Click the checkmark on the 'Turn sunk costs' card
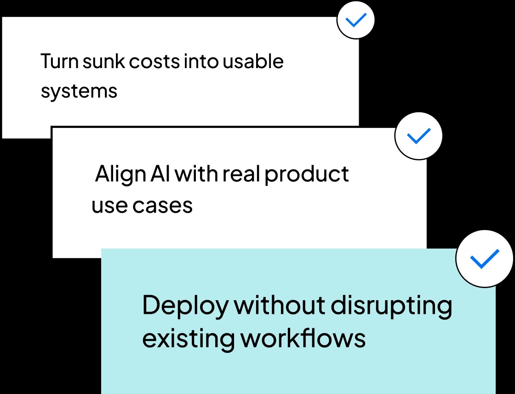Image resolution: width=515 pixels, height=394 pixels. pyautogui.click(x=356, y=20)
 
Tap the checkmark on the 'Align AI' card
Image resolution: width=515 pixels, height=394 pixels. pyautogui.click(x=419, y=136)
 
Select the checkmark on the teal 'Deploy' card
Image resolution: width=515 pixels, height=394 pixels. pyautogui.click(x=485, y=259)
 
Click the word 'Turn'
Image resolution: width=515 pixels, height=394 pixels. pyautogui.click(x=59, y=61)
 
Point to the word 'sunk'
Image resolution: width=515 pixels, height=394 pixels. pyautogui.click(x=104, y=61)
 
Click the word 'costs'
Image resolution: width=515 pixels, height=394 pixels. pyautogui.click(x=154, y=62)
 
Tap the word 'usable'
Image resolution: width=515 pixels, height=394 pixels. pyautogui.click(x=253, y=61)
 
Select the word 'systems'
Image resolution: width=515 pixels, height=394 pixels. pyautogui.click(x=79, y=91)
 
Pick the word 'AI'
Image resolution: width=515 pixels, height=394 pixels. pyautogui.click(x=160, y=174)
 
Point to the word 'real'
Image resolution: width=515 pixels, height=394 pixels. pyautogui.click(x=241, y=174)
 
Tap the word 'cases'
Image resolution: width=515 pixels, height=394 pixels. pyautogui.click(x=163, y=206)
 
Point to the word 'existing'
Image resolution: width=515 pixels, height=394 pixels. pyautogui.click(x=188, y=339)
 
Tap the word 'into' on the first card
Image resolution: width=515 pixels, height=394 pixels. pyautogui.click(x=201, y=61)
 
